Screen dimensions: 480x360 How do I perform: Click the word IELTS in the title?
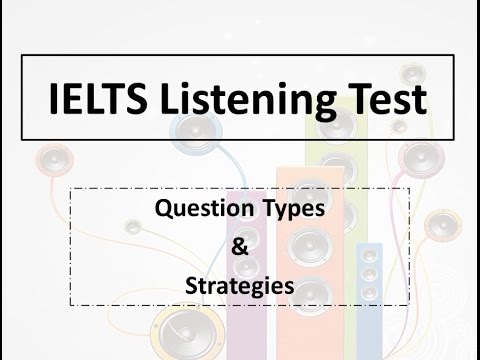(98, 98)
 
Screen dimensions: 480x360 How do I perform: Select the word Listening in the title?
(248, 101)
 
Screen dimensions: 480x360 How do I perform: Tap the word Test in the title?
(388, 98)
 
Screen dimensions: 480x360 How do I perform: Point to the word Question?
(204, 209)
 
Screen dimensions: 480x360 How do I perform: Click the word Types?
(294, 210)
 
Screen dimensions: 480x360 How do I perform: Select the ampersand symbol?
(240, 247)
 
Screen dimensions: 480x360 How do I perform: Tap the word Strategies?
(240, 287)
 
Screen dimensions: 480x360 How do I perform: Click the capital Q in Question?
(164, 209)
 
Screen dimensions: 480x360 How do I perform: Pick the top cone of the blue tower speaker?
(369, 256)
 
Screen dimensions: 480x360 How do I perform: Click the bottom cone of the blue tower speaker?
(369, 292)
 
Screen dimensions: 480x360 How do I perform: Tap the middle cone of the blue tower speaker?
(369, 274)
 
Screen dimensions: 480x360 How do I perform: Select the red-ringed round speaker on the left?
(54, 160)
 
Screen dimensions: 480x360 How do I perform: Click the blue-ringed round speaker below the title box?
(195, 132)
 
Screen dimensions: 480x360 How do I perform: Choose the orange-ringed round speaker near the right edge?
(443, 226)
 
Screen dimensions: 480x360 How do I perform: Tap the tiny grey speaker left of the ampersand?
(133, 227)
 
